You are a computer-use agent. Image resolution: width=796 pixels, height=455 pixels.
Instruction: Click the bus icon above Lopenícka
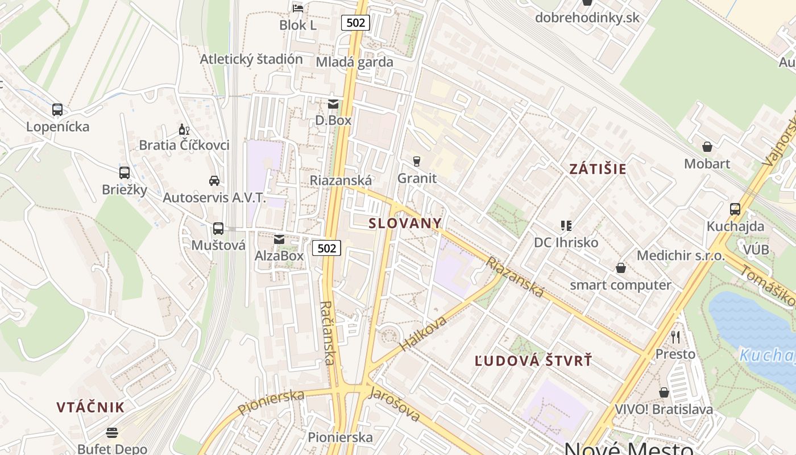click(57, 110)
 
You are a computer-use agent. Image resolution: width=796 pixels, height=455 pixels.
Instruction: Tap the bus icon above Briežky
click(125, 173)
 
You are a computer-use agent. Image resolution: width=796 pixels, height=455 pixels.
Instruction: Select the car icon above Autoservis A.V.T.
click(214, 181)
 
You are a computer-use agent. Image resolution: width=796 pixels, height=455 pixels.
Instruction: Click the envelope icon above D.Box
click(333, 104)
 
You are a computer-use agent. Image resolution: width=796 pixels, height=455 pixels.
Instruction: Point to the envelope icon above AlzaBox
click(279, 239)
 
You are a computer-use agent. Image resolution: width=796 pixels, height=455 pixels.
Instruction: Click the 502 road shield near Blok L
click(356, 23)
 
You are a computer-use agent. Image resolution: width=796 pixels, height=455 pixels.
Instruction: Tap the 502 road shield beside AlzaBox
click(326, 248)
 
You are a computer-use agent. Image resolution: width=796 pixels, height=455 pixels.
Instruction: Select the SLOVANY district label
click(405, 223)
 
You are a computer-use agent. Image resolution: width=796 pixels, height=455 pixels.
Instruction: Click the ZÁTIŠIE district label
click(598, 169)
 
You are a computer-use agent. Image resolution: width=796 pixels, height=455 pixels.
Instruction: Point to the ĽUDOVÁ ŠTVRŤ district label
click(533, 361)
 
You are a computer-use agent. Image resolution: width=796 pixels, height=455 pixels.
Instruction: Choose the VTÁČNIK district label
click(90, 407)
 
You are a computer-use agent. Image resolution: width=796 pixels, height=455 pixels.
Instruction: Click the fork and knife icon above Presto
click(675, 337)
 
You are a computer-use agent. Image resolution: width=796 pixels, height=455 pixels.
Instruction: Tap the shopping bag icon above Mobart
click(707, 147)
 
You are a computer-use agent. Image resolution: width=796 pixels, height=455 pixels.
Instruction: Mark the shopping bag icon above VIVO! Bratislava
click(664, 392)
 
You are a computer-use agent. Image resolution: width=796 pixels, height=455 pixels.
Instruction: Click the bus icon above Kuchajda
click(735, 209)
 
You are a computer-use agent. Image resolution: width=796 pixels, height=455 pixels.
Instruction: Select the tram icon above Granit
click(417, 162)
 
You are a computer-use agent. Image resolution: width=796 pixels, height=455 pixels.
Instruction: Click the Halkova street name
click(424, 333)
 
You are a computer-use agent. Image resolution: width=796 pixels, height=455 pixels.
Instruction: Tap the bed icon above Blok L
click(298, 8)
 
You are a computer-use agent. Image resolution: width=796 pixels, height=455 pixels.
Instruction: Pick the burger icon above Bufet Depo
click(112, 433)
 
